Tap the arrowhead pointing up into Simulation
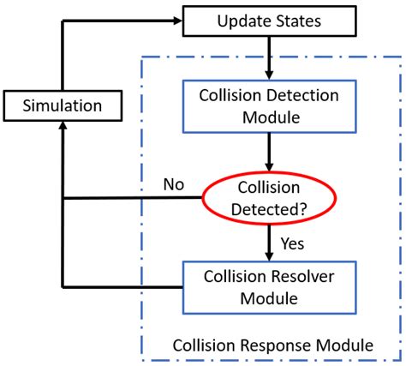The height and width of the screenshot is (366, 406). (x=63, y=126)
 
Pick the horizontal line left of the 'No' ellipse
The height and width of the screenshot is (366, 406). (x=128, y=199)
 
